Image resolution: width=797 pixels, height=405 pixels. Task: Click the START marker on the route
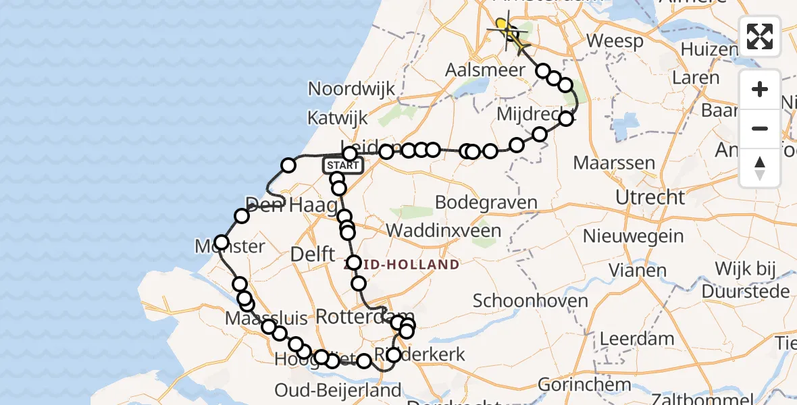tap(342, 165)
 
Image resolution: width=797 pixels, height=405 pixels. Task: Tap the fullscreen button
tap(760, 36)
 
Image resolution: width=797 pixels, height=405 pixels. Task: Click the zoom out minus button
tap(760, 128)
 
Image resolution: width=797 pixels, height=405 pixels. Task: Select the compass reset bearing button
tap(760, 167)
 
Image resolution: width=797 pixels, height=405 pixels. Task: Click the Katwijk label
tap(338, 118)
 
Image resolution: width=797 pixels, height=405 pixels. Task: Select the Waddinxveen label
tap(444, 231)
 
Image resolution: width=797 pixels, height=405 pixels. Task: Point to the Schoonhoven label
tap(530, 300)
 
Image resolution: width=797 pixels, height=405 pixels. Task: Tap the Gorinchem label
tap(585, 385)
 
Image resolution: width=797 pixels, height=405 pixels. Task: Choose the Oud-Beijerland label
tap(338, 390)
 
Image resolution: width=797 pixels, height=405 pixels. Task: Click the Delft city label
tap(312, 254)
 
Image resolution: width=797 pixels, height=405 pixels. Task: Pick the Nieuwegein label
tap(633, 237)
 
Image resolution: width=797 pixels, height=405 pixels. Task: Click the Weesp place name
tap(615, 41)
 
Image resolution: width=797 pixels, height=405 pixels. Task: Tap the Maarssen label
tap(614, 163)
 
